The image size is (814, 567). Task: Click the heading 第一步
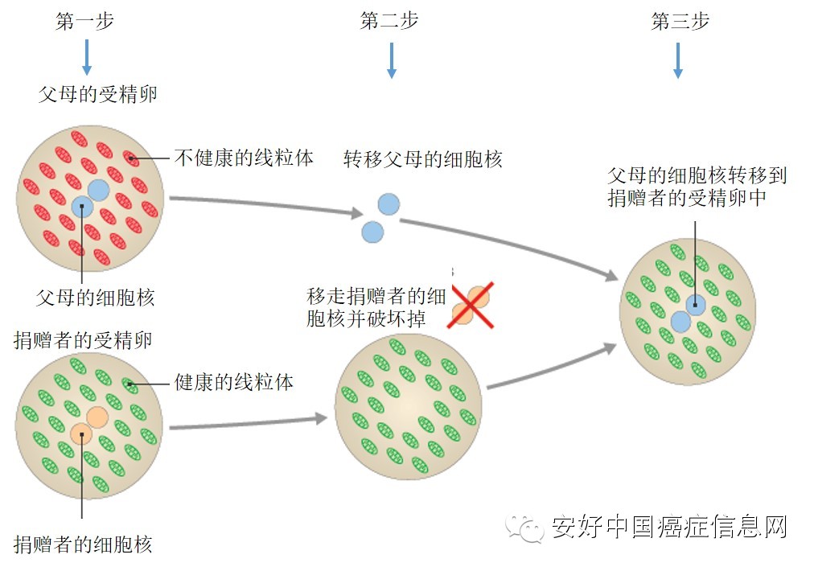coord(84,22)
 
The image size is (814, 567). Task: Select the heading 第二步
coord(389,22)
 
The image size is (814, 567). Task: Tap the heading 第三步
coord(680,22)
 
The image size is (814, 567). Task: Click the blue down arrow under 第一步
coord(87,58)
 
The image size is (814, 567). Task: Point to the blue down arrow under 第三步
coord(678,60)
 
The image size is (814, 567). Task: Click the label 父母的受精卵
coord(98,94)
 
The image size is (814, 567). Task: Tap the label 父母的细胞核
coord(95,298)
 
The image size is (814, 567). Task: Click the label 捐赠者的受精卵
coord(84,339)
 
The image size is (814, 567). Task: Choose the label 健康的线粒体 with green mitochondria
coord(234,382)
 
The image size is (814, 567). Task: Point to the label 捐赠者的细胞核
coord(83,544)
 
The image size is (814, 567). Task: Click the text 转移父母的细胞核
coord(422,159)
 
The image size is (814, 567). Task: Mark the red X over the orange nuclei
coord(472,306)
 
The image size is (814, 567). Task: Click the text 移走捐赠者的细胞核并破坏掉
coord(376,307)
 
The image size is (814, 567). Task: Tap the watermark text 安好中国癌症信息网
coord(668,528)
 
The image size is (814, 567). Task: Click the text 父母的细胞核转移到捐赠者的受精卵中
coord(697,187)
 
